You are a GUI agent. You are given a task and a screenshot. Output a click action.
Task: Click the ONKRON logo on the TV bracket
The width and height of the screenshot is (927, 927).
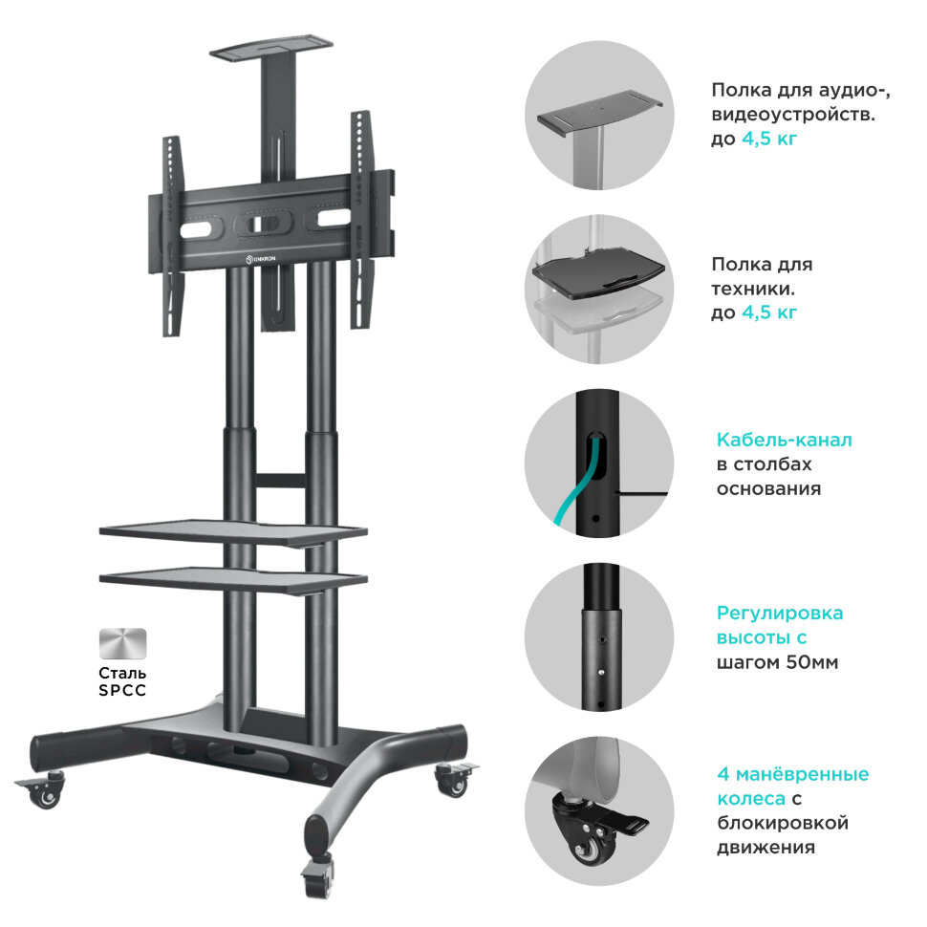261,259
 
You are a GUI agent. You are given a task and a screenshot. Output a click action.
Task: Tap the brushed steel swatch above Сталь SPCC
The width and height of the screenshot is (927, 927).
122,643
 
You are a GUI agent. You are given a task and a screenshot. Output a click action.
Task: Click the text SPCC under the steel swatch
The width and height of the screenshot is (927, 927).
122,690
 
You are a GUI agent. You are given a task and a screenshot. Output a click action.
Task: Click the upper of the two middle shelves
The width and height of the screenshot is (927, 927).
233,532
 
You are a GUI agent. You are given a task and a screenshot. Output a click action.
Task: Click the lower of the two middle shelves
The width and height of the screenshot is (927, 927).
233,580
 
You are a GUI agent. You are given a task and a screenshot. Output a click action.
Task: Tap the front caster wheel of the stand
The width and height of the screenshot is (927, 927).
317,876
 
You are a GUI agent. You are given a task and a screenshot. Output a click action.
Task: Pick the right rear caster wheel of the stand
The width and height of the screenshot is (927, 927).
455,779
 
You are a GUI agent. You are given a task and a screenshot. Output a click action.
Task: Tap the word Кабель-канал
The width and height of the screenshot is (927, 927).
784,440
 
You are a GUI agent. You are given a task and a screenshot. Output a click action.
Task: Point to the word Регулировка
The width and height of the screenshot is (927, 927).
780,614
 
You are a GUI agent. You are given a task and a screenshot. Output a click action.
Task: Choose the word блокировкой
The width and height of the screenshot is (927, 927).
783,823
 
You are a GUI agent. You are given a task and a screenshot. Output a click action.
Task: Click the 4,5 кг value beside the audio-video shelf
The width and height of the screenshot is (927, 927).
769,139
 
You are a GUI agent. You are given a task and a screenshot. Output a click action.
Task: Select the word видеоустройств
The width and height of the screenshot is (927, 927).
793,115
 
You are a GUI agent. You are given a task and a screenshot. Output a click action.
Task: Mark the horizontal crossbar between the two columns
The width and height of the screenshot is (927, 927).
281,480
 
